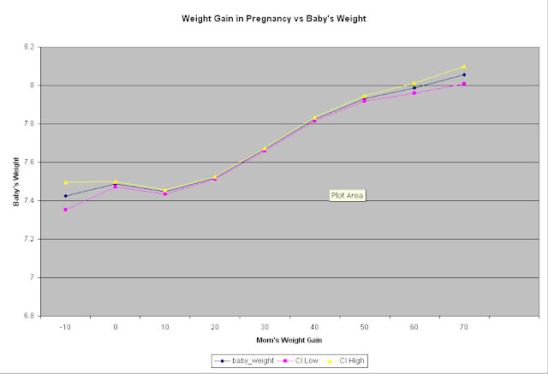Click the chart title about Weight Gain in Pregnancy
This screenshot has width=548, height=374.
(x=274, y=18)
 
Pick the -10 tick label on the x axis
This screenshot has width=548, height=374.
(x=65, y=327)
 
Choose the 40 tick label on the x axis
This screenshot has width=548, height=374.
(x=313, y=327)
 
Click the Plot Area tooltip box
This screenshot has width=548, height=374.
(x=348, y=195)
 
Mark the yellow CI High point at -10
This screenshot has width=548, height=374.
(x=65, y=181)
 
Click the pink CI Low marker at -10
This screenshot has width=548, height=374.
(x=65, y=210)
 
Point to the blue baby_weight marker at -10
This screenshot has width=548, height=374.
(x=65, y=196)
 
